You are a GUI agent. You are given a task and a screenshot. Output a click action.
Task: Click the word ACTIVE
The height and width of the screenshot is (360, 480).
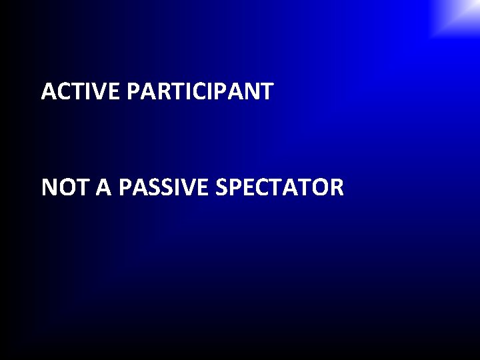coord(80,91)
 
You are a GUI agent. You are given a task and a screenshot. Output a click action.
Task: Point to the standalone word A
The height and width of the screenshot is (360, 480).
coord(103,188)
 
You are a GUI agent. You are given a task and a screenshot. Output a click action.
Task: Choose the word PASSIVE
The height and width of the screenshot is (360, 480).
coord(164,188)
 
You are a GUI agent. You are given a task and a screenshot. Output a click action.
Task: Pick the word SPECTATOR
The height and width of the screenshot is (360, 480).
coord(280,188)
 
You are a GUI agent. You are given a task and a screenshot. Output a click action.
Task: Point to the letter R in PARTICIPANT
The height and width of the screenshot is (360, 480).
coord(159,91)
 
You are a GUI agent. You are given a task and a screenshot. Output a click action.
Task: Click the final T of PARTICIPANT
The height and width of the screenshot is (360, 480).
coord(266,91)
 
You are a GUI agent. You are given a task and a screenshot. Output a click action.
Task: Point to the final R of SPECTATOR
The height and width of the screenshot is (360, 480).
coord(337,188)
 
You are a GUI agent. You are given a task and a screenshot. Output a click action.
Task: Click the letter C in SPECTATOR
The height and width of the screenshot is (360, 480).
coord(261,188)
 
